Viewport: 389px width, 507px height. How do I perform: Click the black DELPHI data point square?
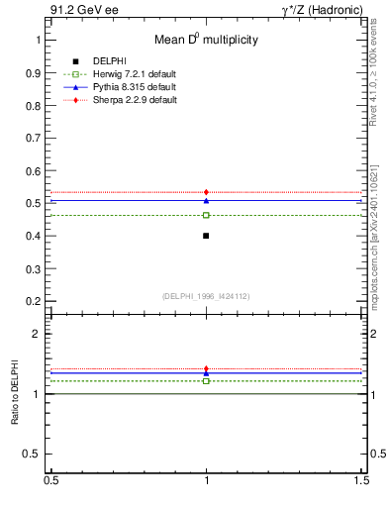coord(206,236)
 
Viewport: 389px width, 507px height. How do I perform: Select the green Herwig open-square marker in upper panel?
coord(206,215)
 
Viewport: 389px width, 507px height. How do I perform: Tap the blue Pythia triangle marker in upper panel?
coord(206,200)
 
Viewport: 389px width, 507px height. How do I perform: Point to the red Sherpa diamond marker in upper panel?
coord(206,192)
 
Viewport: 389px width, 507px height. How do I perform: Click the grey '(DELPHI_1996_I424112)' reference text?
coord(205,295)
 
